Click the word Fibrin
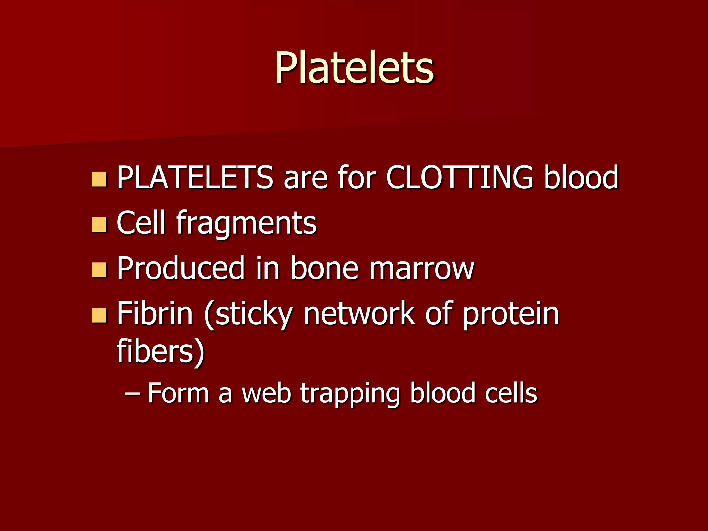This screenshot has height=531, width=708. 155,314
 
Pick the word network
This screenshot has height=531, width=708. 360,314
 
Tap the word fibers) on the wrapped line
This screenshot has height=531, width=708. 161,352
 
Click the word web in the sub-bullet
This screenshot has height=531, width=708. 266,393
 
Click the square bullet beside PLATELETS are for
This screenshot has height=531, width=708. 99,179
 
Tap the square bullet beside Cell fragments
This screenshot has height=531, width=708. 99,225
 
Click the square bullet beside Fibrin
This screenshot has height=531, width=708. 99,315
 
